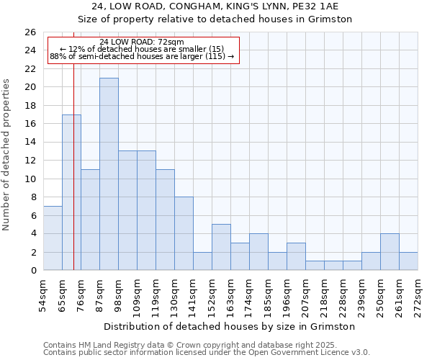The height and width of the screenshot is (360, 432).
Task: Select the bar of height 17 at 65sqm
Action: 71,192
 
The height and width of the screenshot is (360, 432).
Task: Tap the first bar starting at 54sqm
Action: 53,238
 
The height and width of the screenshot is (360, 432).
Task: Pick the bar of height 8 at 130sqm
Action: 184,233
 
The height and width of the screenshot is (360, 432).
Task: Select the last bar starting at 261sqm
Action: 408,261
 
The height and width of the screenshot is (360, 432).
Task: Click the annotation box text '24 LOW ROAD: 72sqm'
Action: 142,42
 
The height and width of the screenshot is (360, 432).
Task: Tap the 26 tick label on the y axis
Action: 30,32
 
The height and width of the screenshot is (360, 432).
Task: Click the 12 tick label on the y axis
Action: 30,161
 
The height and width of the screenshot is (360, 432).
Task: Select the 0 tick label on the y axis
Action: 32,271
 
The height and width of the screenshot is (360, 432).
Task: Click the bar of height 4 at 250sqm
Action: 390,252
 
